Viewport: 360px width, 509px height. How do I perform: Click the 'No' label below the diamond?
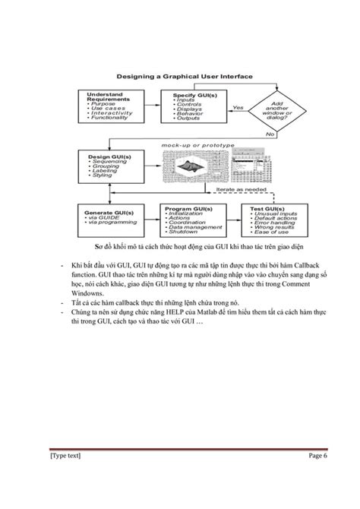click(x=269, y=134)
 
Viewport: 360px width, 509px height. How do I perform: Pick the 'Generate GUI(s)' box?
click(x=113, y=220)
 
